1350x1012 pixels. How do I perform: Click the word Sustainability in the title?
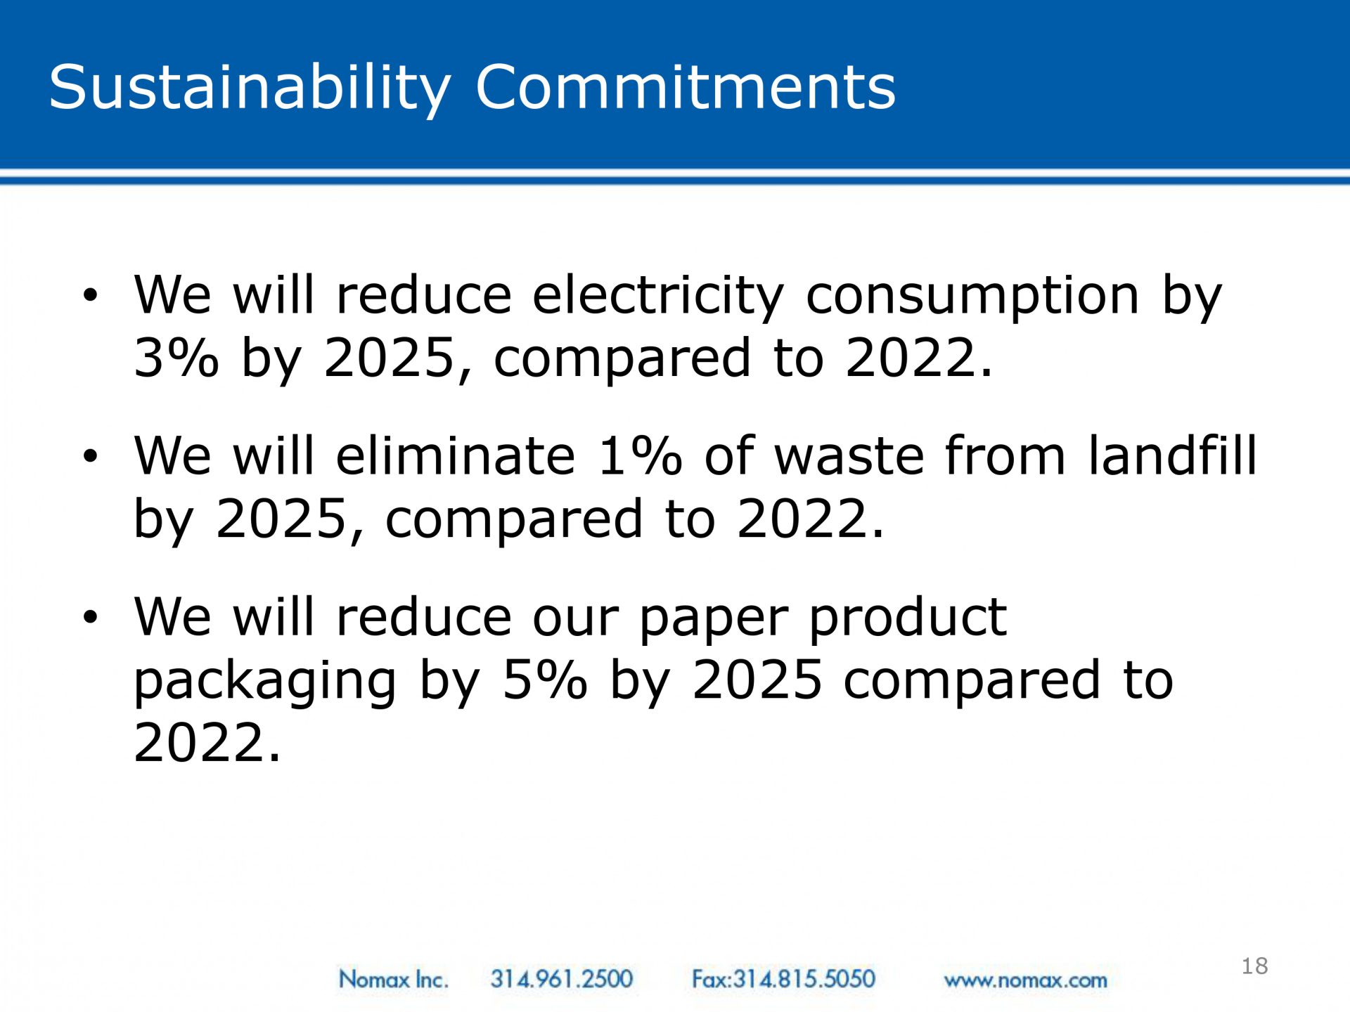click(x=250, y=89)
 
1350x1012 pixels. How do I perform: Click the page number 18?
click(x=1255, y=966)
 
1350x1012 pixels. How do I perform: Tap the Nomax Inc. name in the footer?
click(x=393, y=979)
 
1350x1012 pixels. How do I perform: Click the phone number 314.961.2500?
click(x=562, y=979)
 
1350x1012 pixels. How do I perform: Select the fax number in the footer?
click(x=783, y=979)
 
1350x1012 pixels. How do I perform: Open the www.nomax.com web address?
click(x=1025, y=980)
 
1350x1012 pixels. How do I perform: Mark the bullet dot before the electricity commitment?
click(x=90, y=295)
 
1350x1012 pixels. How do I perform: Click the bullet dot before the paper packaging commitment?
click(x=90, y=617)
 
